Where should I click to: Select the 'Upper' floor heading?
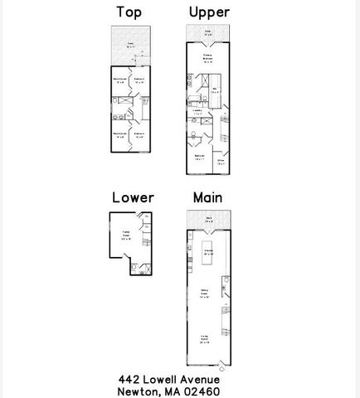(208, 12)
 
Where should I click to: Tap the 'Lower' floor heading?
(133, 197)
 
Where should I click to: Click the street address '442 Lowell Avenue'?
(168, 378)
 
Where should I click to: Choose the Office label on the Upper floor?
(221, 162)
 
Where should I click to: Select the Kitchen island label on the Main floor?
(210, 251)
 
